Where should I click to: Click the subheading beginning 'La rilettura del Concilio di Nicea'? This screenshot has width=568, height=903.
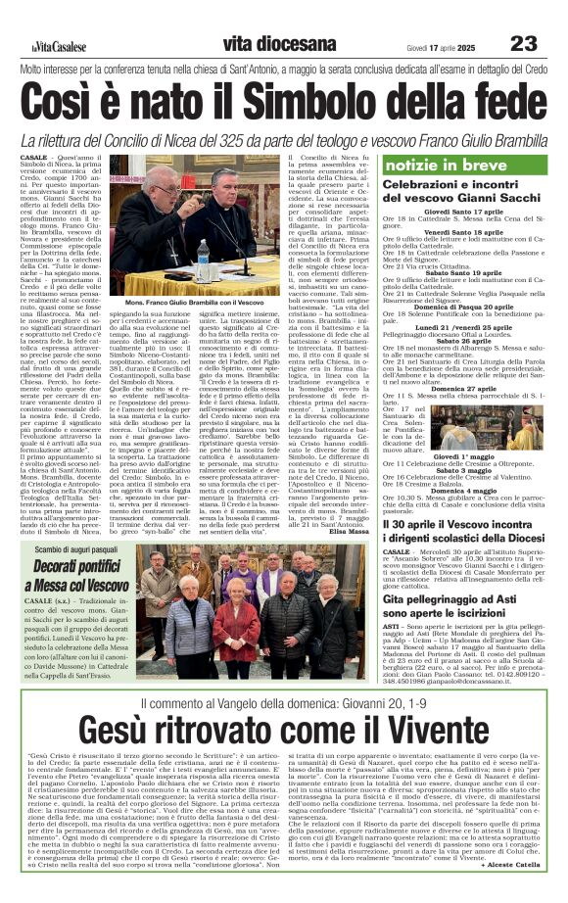284,138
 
